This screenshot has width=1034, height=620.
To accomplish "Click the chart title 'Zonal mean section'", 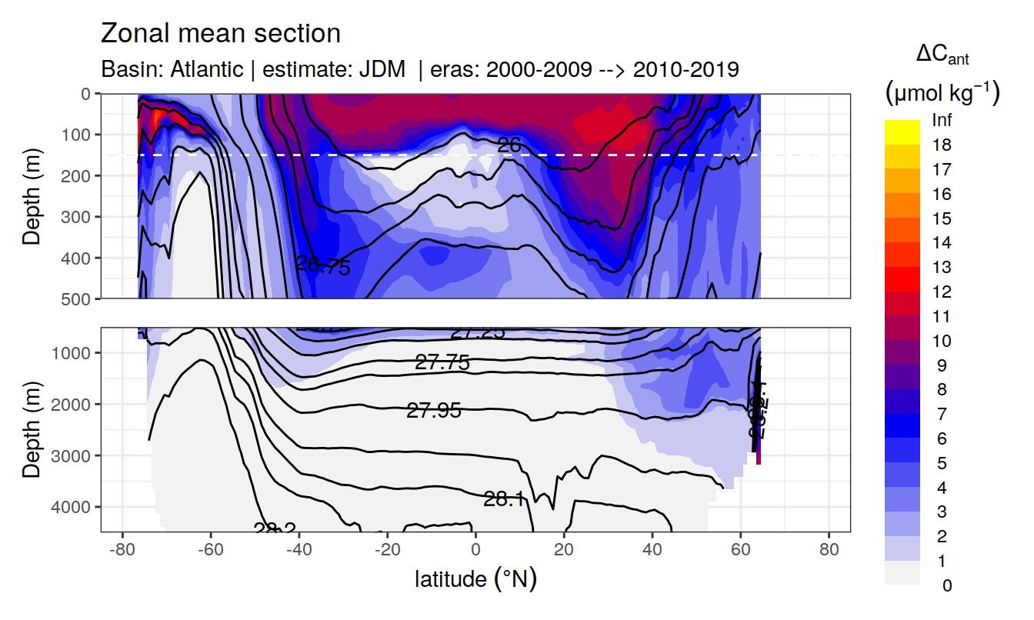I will pyautogui.click(x=221, y=34).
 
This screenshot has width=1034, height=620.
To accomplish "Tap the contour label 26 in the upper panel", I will pyautogui.click(x=509, y=144).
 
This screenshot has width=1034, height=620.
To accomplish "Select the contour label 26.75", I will pyautogui.click(x=323, y=266).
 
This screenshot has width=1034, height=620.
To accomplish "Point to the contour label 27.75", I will pyautogui.click(x=442, y=363).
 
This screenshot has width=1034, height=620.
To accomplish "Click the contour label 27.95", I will pyautogui.click(x=434, y=411).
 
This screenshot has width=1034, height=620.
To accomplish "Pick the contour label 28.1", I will pyautogui.click(x=504, y=499).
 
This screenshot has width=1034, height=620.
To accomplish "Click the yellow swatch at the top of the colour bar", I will pyautogui.click(x=902, y=125).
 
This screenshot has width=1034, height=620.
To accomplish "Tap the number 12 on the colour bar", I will pyautogui.click(x=941, y=292).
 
